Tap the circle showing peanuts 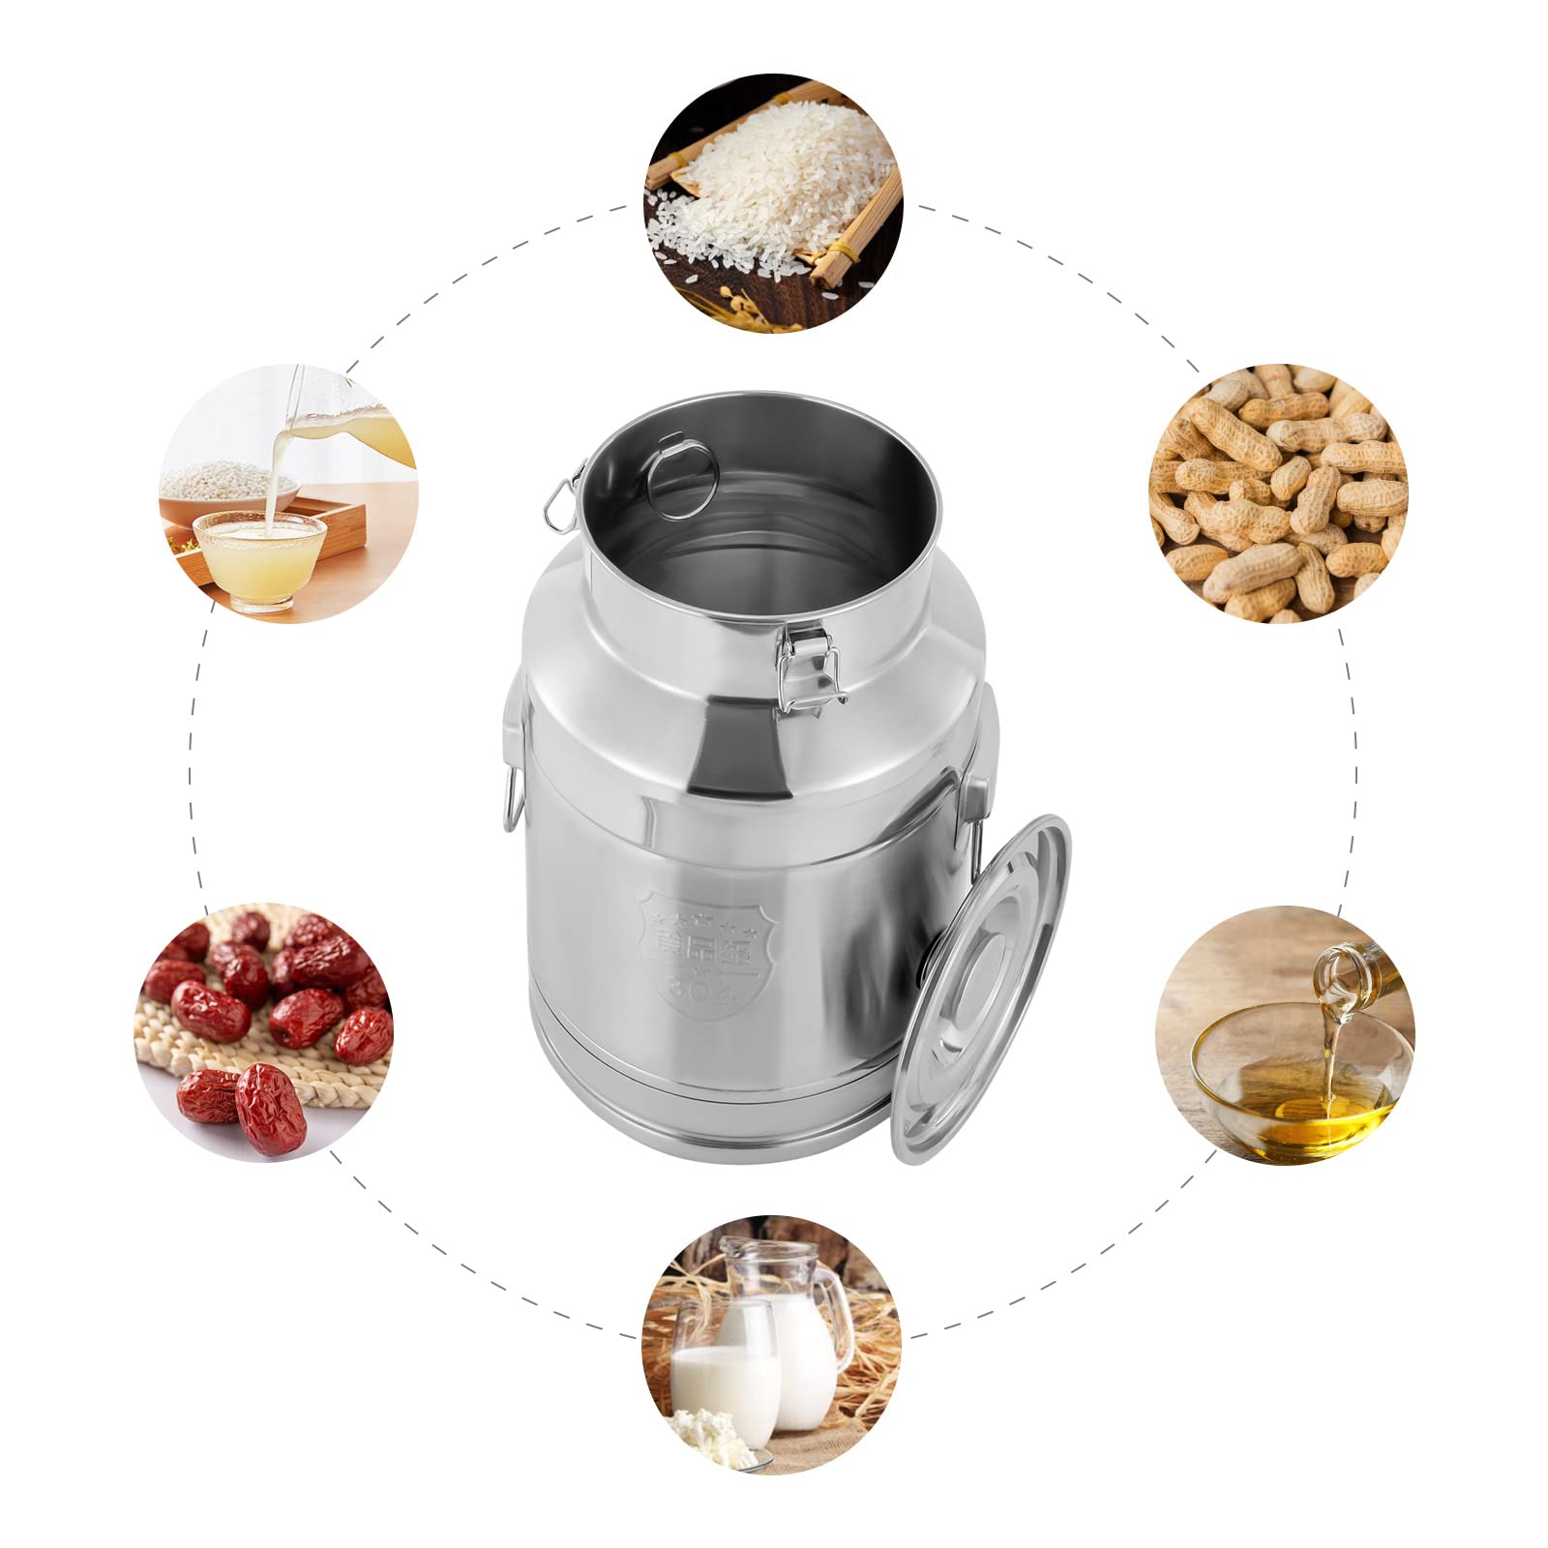pyautogui.click(x=1279, y=493)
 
